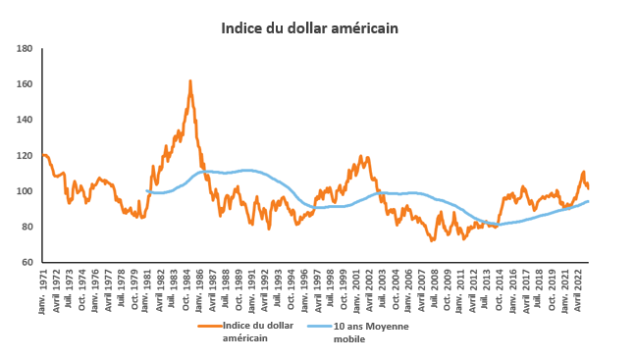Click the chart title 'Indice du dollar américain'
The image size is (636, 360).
point(309,28)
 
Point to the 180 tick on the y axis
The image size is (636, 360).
point(26,48)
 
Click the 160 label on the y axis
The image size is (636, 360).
point(26,84)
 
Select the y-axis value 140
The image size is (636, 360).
point(26,120)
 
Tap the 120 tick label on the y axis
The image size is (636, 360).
point(26,156)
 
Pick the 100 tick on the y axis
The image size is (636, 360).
point(26,191)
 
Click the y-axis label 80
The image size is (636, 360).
point(27,228)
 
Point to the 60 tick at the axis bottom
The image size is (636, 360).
point(27,263)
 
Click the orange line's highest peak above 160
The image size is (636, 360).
point(189,81)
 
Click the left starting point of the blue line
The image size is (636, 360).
point(145,190)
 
